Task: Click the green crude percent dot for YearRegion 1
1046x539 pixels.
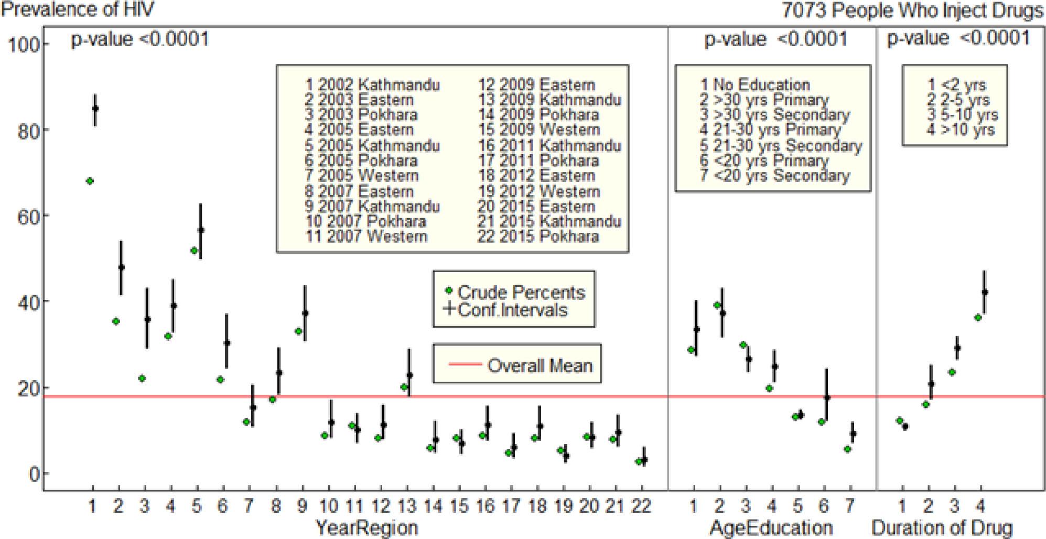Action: click(90, 181)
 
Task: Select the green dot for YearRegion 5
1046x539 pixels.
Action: click(194, 251)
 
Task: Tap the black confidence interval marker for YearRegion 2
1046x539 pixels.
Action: click(122, 267)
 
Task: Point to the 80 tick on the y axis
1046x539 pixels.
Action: click(25, 131)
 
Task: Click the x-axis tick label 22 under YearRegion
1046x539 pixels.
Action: click(641, 506)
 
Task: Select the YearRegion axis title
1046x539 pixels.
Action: click(366, 527)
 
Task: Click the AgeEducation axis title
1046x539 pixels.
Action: click(771, 527)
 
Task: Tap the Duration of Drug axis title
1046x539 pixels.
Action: click(942, 527)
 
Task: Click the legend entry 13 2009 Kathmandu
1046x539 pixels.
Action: click(549, 100)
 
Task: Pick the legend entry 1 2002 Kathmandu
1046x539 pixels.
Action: click(373, 85)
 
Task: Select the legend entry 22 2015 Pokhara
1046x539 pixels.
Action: click(538, 236)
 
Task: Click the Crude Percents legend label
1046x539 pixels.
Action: click(521, 292)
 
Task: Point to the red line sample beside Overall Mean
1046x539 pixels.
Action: click(465, 364)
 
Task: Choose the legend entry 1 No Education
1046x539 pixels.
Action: click(755, 85)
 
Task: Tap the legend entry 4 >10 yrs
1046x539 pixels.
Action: click(961, 130)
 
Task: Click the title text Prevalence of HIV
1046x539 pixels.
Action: click(78, 9)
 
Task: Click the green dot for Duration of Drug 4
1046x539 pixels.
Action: click(978, 318)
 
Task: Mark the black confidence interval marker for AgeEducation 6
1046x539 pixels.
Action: click(827, 397)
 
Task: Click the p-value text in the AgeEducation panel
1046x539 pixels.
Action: click(775, 39)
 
